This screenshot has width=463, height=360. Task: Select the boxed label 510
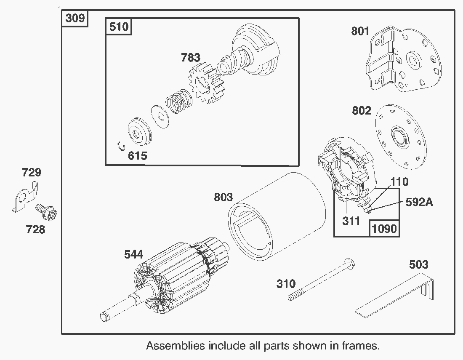[118, 27]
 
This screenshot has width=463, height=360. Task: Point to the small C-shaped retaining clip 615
[121, 146]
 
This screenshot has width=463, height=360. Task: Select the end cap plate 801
[404, 59]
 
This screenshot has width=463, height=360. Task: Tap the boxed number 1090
[384, 229]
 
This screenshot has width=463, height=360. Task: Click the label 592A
[419, 202]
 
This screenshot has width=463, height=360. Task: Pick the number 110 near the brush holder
[399, 181]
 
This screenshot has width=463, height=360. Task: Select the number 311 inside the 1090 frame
[351, 220]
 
